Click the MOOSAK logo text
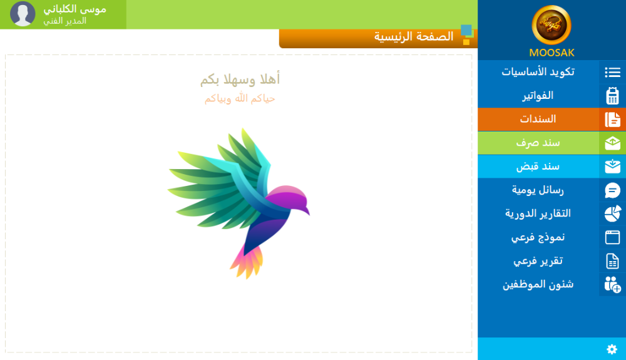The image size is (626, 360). pyautogui.click(x=552, y=53)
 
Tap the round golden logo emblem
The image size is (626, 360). pyautogui.click(x=552, y=25)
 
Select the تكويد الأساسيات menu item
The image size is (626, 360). pyautogui.click(x=538, y=72)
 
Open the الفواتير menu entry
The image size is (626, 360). pyautogui.click(x=538, y=95)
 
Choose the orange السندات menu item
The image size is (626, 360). pyautogui.click(x=538, y=119)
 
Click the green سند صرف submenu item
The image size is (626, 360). pyautogui.click(x=538, y=143)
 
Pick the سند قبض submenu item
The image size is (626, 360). pyautogui.click(x=538, y=166)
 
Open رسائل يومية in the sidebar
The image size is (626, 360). pyautogui.click(x=538, y=190)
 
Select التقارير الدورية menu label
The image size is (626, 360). pyautogui.click(x=538, y=213)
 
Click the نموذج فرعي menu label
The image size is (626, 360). pyautogui.click(x=538, y=237)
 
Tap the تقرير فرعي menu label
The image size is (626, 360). pyautogui.click(x=538, y=261)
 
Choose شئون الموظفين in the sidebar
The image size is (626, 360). pyautogui.click(x=538, y=285)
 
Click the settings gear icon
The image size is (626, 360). pyautogui.click(x=612, y=349)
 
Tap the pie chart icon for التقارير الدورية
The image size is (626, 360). pyautogui.click(x=612, y=213)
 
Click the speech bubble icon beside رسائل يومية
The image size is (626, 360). pyautogui.click(x=612, y=190)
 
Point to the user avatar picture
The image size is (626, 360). pyautogui.click(x=23, y=14)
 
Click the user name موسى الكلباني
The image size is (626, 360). pyautogui.click(x=74, y=9)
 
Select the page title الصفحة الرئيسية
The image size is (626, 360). pyautogui.click(x=414, y=37)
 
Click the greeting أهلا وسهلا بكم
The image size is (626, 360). pyautogui.click(x=240, y=80)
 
